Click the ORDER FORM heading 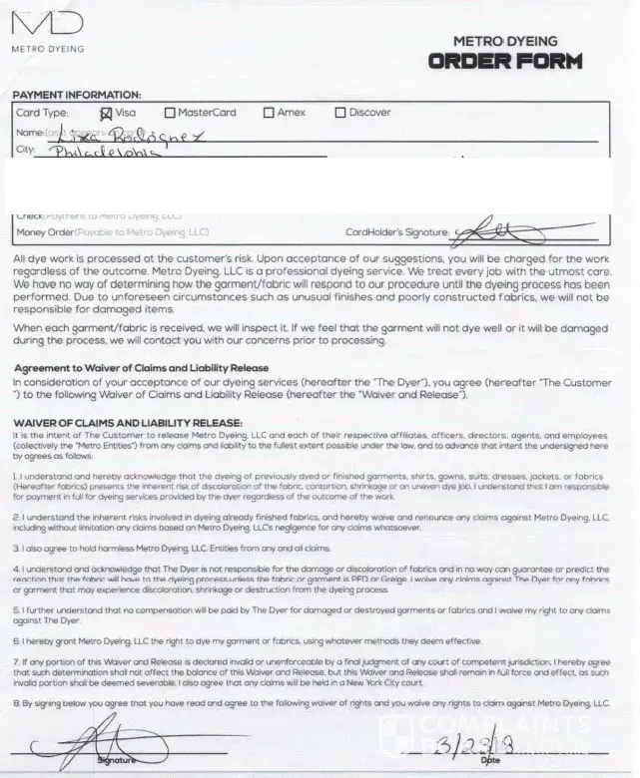pos(505,62)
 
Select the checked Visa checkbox pos(107,113)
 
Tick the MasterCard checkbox pos(171,113)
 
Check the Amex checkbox pos(268,113)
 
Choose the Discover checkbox pos(340,113)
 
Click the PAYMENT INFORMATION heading pos(77,95)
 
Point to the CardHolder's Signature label pos(396,232)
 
